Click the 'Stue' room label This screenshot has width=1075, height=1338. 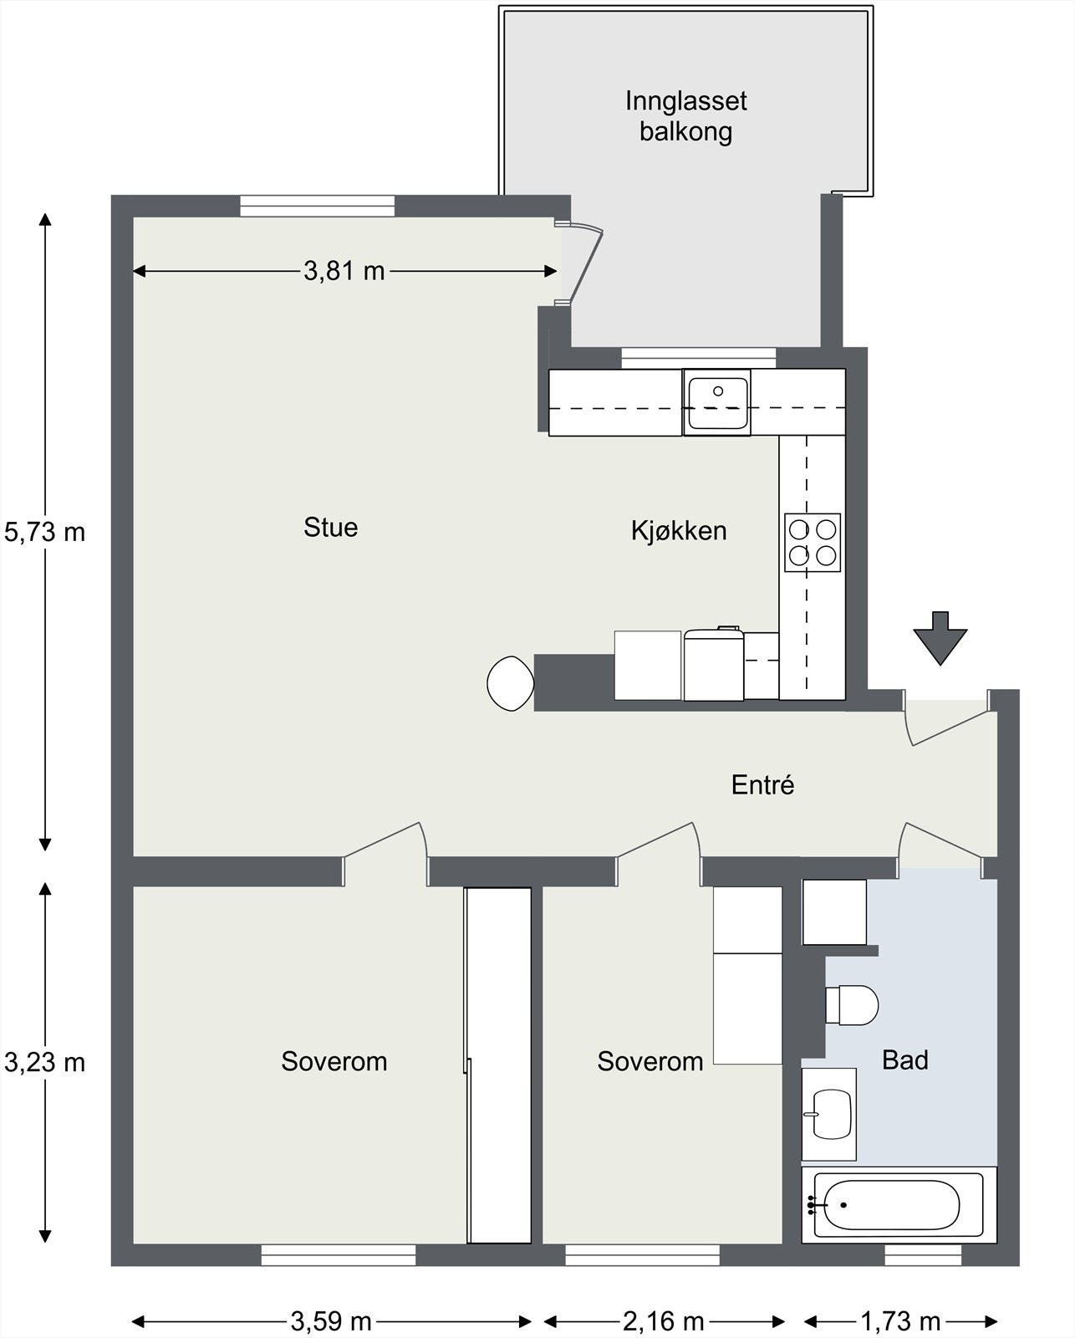point(330,528)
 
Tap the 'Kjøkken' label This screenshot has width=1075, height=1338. point(679,531)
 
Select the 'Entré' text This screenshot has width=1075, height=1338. point(763,784)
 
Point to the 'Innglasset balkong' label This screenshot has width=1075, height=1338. point(685,116)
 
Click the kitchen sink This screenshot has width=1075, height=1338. point(717,402)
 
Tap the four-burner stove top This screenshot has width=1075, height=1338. point(812,542)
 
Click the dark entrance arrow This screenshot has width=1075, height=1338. point(940,638)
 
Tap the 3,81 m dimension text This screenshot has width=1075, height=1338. point(344,271)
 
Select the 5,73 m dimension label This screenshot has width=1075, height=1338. point(44,532)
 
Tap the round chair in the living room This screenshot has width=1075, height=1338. point(511,683)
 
